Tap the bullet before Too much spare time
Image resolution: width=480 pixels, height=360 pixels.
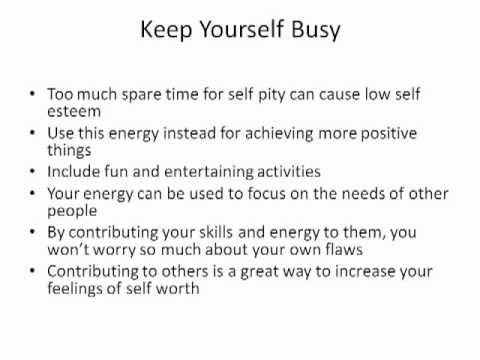(x=34, y=97)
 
